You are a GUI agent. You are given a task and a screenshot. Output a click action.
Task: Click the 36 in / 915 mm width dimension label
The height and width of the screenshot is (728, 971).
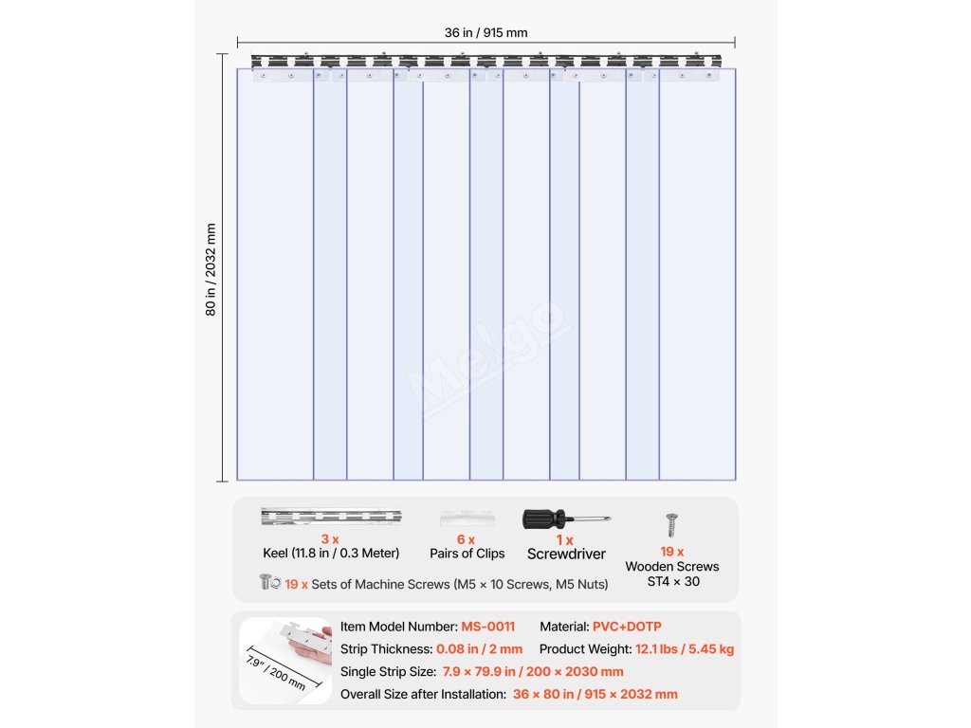pyautogui.click(x=485, y=33)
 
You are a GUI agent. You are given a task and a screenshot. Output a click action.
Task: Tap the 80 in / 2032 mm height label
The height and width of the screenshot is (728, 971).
pyautogui.click(x=211, y=270)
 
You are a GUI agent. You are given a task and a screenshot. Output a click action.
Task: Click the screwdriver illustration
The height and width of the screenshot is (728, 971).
pyautogui.click(x=566, y=519)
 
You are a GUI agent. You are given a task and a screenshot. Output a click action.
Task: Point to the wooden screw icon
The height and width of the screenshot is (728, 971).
pyautogui.click(x=672, y=524)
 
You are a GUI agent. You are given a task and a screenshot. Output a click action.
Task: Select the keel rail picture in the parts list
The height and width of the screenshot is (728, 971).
pyautogui.click(x=331, y=518)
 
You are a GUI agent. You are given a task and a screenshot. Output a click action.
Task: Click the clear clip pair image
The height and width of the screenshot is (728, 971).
pyautogui.click(x=467, y=519)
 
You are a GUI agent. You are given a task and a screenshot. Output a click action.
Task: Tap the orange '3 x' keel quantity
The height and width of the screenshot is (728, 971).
pyautogui.click(x=330, y=538)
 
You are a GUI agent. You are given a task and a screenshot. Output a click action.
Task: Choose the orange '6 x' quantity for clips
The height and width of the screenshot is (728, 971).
pyautogui.click(x=466, y=539)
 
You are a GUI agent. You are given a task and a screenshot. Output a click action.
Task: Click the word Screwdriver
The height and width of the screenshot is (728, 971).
pyautogui.click(x=566, y=554)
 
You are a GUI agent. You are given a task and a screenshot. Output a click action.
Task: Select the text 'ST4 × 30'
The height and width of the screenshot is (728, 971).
pyautogui.click(x=673, y=581)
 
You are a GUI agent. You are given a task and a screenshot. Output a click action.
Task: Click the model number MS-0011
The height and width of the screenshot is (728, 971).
pyautogui.click(x=488, y=627)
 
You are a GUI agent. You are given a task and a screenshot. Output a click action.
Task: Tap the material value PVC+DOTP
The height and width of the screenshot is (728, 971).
pyautogui.click(x=627, y=627)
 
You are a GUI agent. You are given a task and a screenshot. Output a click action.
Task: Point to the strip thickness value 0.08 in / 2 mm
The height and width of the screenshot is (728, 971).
pyautogui.click(x=479, y=649)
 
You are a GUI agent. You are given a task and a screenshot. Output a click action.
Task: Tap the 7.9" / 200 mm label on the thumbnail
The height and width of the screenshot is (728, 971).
pyautogui.click(x=276, y=670)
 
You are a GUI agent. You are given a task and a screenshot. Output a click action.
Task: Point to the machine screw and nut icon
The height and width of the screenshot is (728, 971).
pyautogui.click(x=269, y=582)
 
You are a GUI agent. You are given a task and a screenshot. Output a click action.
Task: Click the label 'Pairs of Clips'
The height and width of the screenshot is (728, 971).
pyautogui.click(x=467, y=554)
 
